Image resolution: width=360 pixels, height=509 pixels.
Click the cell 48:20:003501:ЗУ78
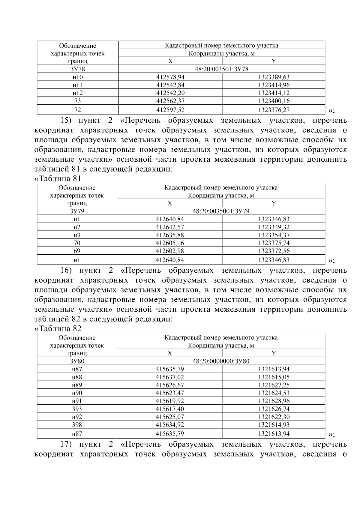pos(221,69)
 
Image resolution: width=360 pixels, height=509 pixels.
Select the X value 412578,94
pos(170,77)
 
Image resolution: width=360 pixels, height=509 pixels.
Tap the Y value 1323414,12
pos(274,93)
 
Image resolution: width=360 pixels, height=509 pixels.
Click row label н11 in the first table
pos(77,85)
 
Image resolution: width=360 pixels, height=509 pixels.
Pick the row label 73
pos(77,101)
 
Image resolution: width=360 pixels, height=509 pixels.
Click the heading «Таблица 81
pos(58,179)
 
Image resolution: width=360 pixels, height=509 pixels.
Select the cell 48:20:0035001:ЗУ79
pos(221,211)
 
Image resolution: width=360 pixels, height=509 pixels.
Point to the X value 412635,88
pos(169,235)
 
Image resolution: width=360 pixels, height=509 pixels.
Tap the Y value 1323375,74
pos(274,243)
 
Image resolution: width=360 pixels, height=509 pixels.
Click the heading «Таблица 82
pos(58,329)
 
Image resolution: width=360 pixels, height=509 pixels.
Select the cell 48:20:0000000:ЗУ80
pos(221,361)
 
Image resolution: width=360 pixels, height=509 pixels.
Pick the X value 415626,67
pos(169,385)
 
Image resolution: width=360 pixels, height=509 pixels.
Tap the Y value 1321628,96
pos(274,401)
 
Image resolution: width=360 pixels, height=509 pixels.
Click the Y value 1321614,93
pos(274,425)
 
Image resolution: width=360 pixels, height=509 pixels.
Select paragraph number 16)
pos(66,271)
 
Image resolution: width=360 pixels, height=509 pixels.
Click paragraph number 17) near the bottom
pos(66,444)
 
